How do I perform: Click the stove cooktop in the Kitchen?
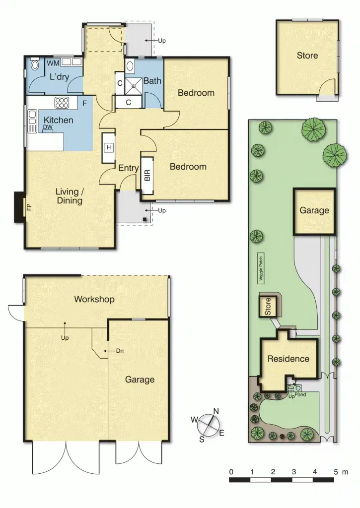[62, 103]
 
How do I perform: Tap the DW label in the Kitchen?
[48, 127]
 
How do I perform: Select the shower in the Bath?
[133, 85]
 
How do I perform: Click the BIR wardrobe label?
[147, 176]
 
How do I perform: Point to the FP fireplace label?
[28, 207]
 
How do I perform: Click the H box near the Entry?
[108, 147]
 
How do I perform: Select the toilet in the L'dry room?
[34, 65]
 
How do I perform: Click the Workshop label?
[94, 299]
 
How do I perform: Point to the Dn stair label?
[120, 351]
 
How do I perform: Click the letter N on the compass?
[216, 411]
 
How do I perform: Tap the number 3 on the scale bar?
[294, 471]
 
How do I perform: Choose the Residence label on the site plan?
[288, 359]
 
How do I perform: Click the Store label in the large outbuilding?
[307, 56]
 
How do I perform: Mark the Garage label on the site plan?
[314, 210]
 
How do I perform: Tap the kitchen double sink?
[32, 121]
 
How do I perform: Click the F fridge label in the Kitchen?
[85, 104]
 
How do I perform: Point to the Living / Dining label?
[69, 196]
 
